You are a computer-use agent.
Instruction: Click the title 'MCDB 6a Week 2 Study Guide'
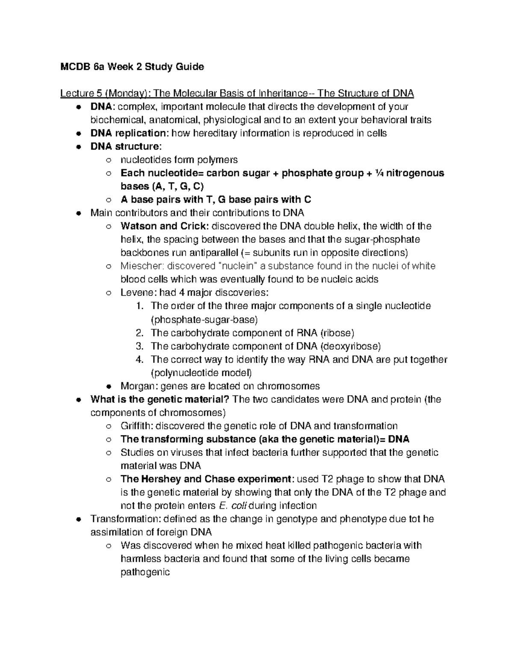[x=132, y=67]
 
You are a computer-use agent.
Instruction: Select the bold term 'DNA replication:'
[x=130, y=133]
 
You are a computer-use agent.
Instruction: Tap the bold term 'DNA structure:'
[x=126, y=146]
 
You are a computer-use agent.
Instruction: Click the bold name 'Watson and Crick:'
[x=165, y=226]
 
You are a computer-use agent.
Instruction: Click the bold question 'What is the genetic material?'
[x=160, y=399]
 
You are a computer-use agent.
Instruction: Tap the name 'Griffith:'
[x=137, y=426]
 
